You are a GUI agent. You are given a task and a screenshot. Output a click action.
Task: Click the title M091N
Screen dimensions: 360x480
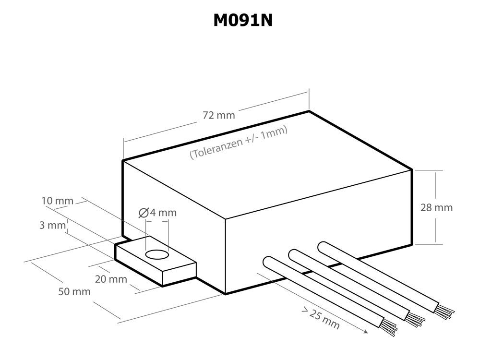click(243, 20)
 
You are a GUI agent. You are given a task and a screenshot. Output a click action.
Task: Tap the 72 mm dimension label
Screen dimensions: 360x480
click(219, 115)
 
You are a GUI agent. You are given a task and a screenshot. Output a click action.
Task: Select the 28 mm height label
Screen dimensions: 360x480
click(436, 207)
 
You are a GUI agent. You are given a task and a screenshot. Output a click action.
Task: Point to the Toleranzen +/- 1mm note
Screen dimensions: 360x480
click(239, 142)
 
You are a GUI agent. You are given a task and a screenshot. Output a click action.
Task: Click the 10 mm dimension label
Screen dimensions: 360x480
click(58, 201)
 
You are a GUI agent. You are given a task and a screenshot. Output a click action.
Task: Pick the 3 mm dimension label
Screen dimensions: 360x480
click(52, 225)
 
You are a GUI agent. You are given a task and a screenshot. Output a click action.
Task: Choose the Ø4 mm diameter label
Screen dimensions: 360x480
click(157, 213)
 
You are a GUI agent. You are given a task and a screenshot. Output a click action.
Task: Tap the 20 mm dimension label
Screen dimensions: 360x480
click(111, 279)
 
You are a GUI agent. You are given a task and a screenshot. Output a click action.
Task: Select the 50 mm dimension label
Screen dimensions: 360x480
click(74, 291)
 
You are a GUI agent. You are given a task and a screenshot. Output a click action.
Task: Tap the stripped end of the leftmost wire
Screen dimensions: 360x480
click(390, 327)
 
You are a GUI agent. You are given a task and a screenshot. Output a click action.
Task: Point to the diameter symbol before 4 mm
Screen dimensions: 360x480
click(143, 213)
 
